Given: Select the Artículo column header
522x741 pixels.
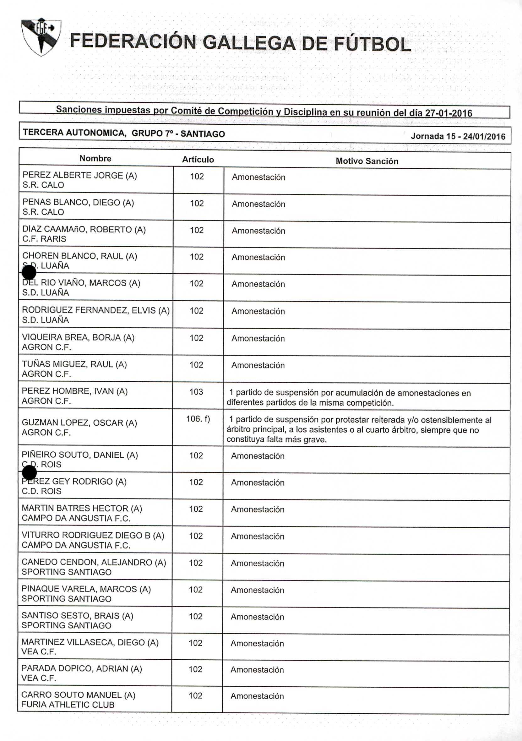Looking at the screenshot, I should pos(198,160).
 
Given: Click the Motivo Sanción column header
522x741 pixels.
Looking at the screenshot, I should pos(367,161).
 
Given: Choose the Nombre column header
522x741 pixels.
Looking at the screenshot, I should pos(95,158).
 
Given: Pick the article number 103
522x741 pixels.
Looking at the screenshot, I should pos(196,392).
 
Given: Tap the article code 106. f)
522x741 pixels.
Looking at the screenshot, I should pos(198,419).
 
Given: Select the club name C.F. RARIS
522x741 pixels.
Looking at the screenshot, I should pos(44,239).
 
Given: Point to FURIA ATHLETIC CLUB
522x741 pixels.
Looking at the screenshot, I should pos(68,705).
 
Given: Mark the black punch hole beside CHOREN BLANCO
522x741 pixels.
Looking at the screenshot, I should pos(29,272).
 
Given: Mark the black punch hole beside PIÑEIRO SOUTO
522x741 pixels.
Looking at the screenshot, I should pos(29,472).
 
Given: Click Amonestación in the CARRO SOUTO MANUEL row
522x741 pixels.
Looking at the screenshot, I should pos(257,696).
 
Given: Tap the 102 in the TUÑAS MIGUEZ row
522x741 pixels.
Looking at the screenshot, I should pos(196,365).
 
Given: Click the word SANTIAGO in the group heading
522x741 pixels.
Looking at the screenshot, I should pos(203,133).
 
